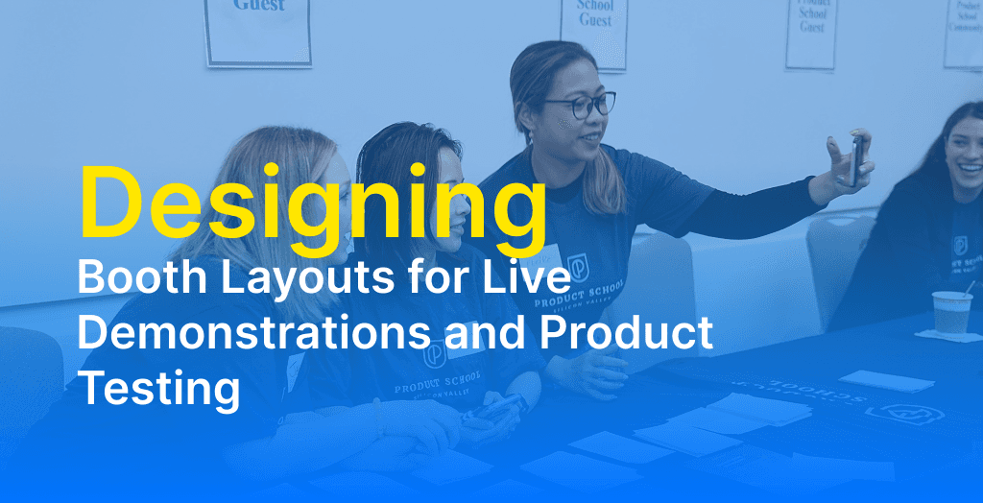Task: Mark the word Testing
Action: (158, 389)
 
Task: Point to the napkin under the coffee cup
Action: (946, 336)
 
